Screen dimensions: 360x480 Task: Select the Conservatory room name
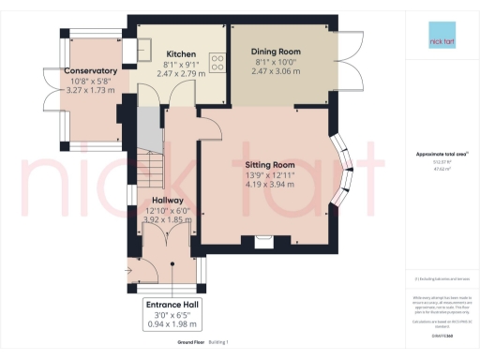click(90, 71)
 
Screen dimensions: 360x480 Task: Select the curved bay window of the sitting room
click(344, 173)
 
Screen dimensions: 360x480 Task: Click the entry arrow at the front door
click(128, 273)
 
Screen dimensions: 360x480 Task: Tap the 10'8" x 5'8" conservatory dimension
click(90, 82)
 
